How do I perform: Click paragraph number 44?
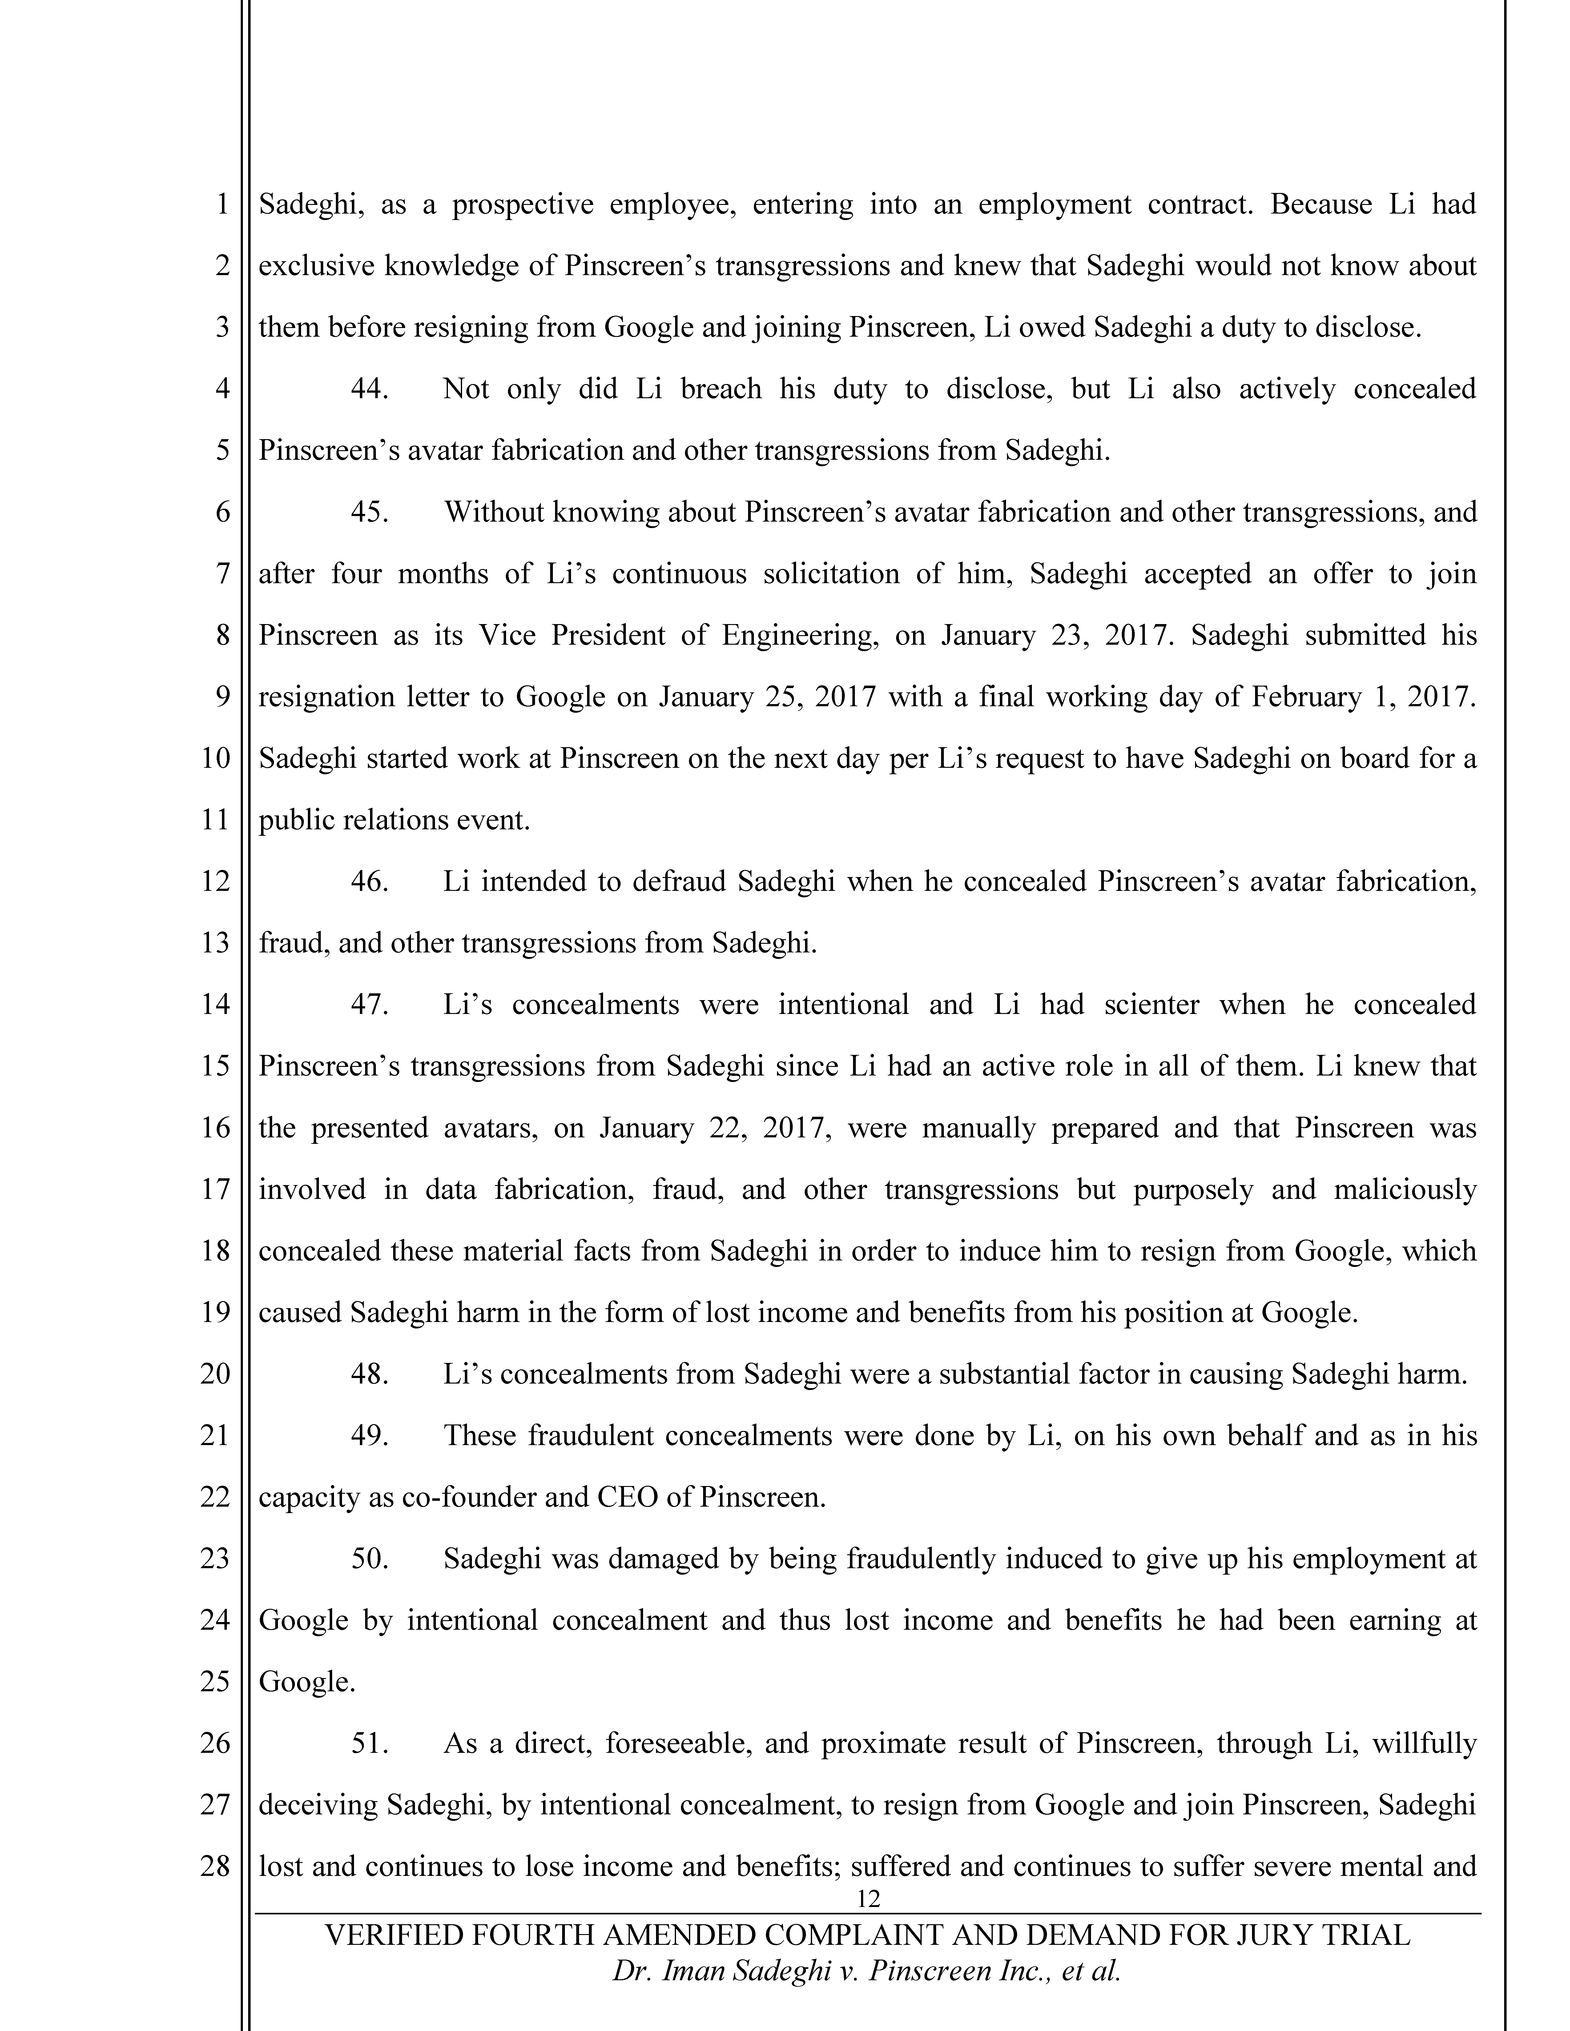(369, 389)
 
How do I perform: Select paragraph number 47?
(369, 1004)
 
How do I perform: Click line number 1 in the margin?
(222, 204)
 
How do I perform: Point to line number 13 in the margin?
(215, 943)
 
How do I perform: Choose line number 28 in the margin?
(215, 1866)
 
